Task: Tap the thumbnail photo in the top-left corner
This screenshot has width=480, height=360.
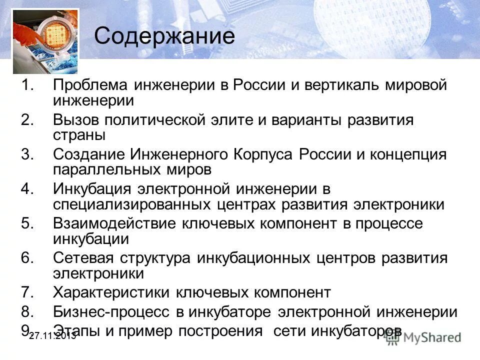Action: [x=45, y=40]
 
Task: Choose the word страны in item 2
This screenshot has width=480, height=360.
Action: [x=79, y=135]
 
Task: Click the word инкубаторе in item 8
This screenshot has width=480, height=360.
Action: [x=229, y=312]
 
